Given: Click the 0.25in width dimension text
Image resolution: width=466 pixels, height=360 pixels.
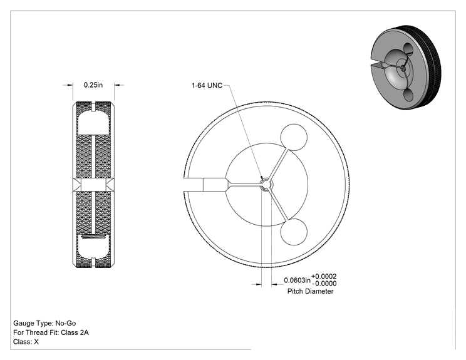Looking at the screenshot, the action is point(93,85).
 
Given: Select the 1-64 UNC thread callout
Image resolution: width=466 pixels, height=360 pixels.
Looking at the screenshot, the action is point(207,86).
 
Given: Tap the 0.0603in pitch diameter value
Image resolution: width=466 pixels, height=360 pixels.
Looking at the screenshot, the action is point(297,280).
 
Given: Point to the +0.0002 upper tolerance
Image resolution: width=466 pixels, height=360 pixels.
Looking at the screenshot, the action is point(324,277).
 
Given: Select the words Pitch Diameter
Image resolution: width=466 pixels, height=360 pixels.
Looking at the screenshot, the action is point(310,291).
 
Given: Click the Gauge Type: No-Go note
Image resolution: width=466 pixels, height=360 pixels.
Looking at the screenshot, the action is point(44,323).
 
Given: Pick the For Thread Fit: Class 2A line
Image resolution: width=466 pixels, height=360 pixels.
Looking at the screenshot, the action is point(51,332).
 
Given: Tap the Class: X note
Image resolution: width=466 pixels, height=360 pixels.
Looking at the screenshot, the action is point(26,342).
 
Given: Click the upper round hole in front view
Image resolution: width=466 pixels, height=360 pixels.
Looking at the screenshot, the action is point(294,138).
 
